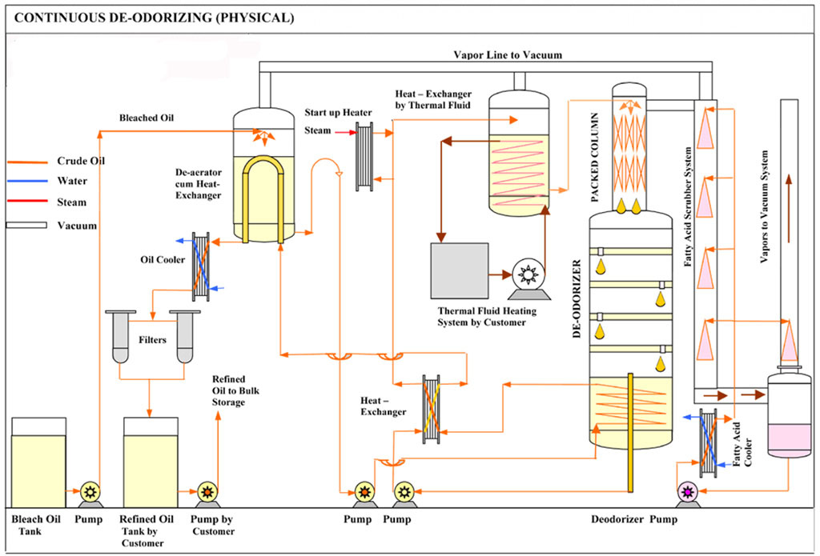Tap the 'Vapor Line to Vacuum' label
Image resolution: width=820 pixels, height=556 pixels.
coord(508,55)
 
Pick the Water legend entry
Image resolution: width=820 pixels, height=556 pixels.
coord(72,182)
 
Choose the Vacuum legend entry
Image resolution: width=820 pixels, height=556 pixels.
coord(77,226)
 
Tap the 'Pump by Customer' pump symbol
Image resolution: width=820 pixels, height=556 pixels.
coord(207,492)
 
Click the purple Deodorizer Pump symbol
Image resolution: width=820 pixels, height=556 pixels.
coord(687,492)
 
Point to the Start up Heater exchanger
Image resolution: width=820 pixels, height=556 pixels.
coord(364,157)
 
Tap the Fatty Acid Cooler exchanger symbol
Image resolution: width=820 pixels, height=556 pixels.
coord(708,443)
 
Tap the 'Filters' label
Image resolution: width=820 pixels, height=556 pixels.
coord(152,340)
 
